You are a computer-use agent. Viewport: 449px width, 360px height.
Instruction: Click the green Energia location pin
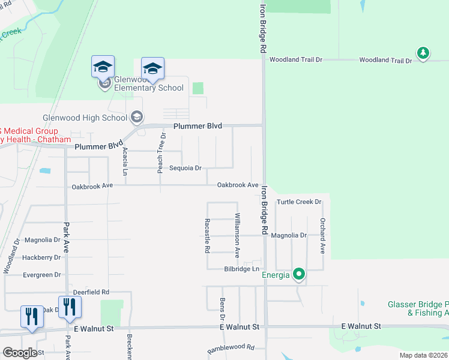pyautogui.click(x=299, y=275)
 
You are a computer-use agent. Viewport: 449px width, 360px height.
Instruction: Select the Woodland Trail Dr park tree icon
pyautogui.click(x=423, y=53)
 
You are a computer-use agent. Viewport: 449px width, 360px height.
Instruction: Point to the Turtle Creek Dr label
pyautogui.click(x=299, y=202)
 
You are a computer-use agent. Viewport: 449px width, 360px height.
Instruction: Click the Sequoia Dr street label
pyautogui.click(x=185, y=169)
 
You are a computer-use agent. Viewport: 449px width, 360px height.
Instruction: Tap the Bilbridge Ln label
pyautogui.click(x=242, y=269)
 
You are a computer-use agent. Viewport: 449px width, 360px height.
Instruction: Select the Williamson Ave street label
pyautogui.click(x=238, y=235)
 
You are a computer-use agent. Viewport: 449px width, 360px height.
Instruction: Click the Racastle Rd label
pyautogui.click(x=207, y=235)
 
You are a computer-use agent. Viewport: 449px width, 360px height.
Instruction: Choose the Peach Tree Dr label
pyautogui.click(x=161, y=153)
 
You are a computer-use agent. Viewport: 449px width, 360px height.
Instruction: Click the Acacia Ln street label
pyautogui.click(x=125, y=161)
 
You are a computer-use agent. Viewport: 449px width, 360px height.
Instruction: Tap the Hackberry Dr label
pyautogui.click(x=41, y=257)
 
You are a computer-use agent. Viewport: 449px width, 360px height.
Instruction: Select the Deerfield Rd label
pyautogui.click(x=88, y=292)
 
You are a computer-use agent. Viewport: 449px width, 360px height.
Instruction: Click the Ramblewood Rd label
pyautogui.click(x=231, y=348)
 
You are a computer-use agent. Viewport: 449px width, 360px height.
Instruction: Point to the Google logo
pyautogui.click(x=20, y=353)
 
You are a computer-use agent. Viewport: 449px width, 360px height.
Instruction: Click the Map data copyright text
pyautogui.click(x=423, y=355)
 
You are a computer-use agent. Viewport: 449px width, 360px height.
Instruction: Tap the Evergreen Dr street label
pyautogui.click(x=41, y=275)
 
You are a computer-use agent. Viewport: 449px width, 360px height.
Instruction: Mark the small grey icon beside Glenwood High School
pyautogui.click(x=137, y=116)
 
